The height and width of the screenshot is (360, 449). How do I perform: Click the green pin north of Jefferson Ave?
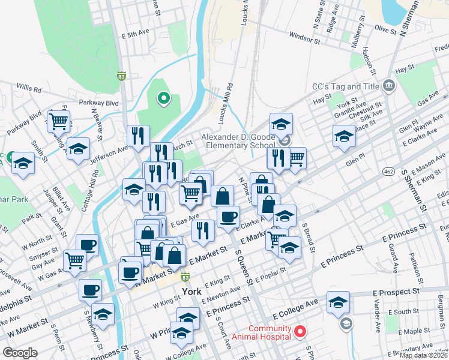[162, 98]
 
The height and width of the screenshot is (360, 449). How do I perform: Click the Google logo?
[20, 353]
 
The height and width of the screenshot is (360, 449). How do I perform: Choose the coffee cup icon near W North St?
[87, 244]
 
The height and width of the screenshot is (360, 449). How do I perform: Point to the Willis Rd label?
[29, 89]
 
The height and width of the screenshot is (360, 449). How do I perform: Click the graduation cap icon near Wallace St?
[344, 136]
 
